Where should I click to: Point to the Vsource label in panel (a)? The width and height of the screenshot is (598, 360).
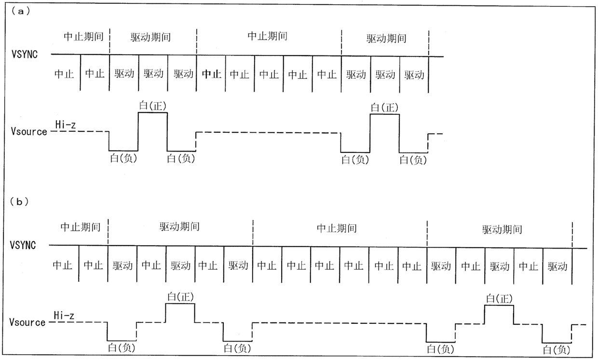(x=29, y=132)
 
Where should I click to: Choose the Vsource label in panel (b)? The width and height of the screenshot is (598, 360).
(x=27, y=322)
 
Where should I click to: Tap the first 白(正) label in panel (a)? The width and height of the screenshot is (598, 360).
(x=153, y=106)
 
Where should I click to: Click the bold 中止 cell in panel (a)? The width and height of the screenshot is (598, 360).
(x=211, y=74)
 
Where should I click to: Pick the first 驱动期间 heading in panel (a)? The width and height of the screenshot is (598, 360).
(x=150, y=37)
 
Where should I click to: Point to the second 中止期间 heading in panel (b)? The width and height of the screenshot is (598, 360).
(x=337, y=228)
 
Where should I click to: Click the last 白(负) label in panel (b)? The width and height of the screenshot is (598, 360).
(x=557, y=349)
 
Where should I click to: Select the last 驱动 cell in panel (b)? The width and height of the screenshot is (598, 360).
(x=557, y=266)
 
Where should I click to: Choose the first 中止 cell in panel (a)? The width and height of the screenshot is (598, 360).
(x=65, y=74)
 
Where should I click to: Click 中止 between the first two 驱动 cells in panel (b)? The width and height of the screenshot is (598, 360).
(x=151, y=265)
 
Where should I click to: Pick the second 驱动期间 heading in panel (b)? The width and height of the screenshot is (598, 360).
(x=502, y=229)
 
